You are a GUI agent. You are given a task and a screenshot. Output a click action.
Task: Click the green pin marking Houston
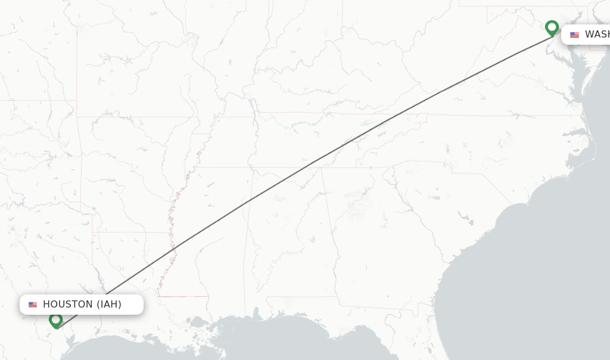coord(56,321)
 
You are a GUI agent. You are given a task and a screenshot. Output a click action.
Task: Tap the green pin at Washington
coord(552,27)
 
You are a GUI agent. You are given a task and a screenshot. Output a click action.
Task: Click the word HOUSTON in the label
coord(67,305)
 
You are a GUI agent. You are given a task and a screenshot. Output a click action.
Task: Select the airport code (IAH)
coord(109,305)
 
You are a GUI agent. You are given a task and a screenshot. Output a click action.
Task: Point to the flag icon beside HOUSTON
coord(33,305)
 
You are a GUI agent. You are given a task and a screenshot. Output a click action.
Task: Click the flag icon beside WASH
coord(574,35)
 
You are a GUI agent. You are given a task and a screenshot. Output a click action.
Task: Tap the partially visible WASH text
coord(596,35)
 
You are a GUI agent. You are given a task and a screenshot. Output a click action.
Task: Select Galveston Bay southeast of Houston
coord(71,340)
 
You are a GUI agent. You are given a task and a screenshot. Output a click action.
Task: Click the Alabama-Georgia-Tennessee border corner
coord(321,168)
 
